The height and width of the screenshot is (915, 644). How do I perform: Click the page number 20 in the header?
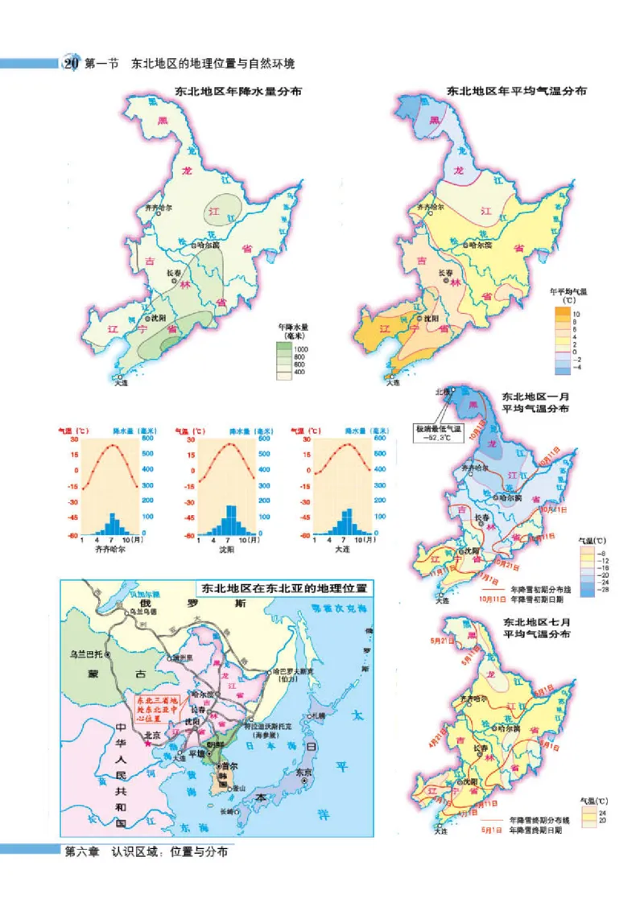coord(71,64)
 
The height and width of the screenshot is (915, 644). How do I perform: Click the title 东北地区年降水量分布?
coord(228,93)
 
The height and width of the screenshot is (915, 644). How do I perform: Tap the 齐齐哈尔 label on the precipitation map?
coord(159,208)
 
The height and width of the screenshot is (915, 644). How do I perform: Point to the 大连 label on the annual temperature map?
coord(393,383)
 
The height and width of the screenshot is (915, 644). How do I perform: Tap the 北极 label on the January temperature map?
coord(442,393)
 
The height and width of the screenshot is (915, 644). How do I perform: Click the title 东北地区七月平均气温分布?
coord(535,628)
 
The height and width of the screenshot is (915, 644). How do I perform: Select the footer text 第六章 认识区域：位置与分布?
coord(146,852)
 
